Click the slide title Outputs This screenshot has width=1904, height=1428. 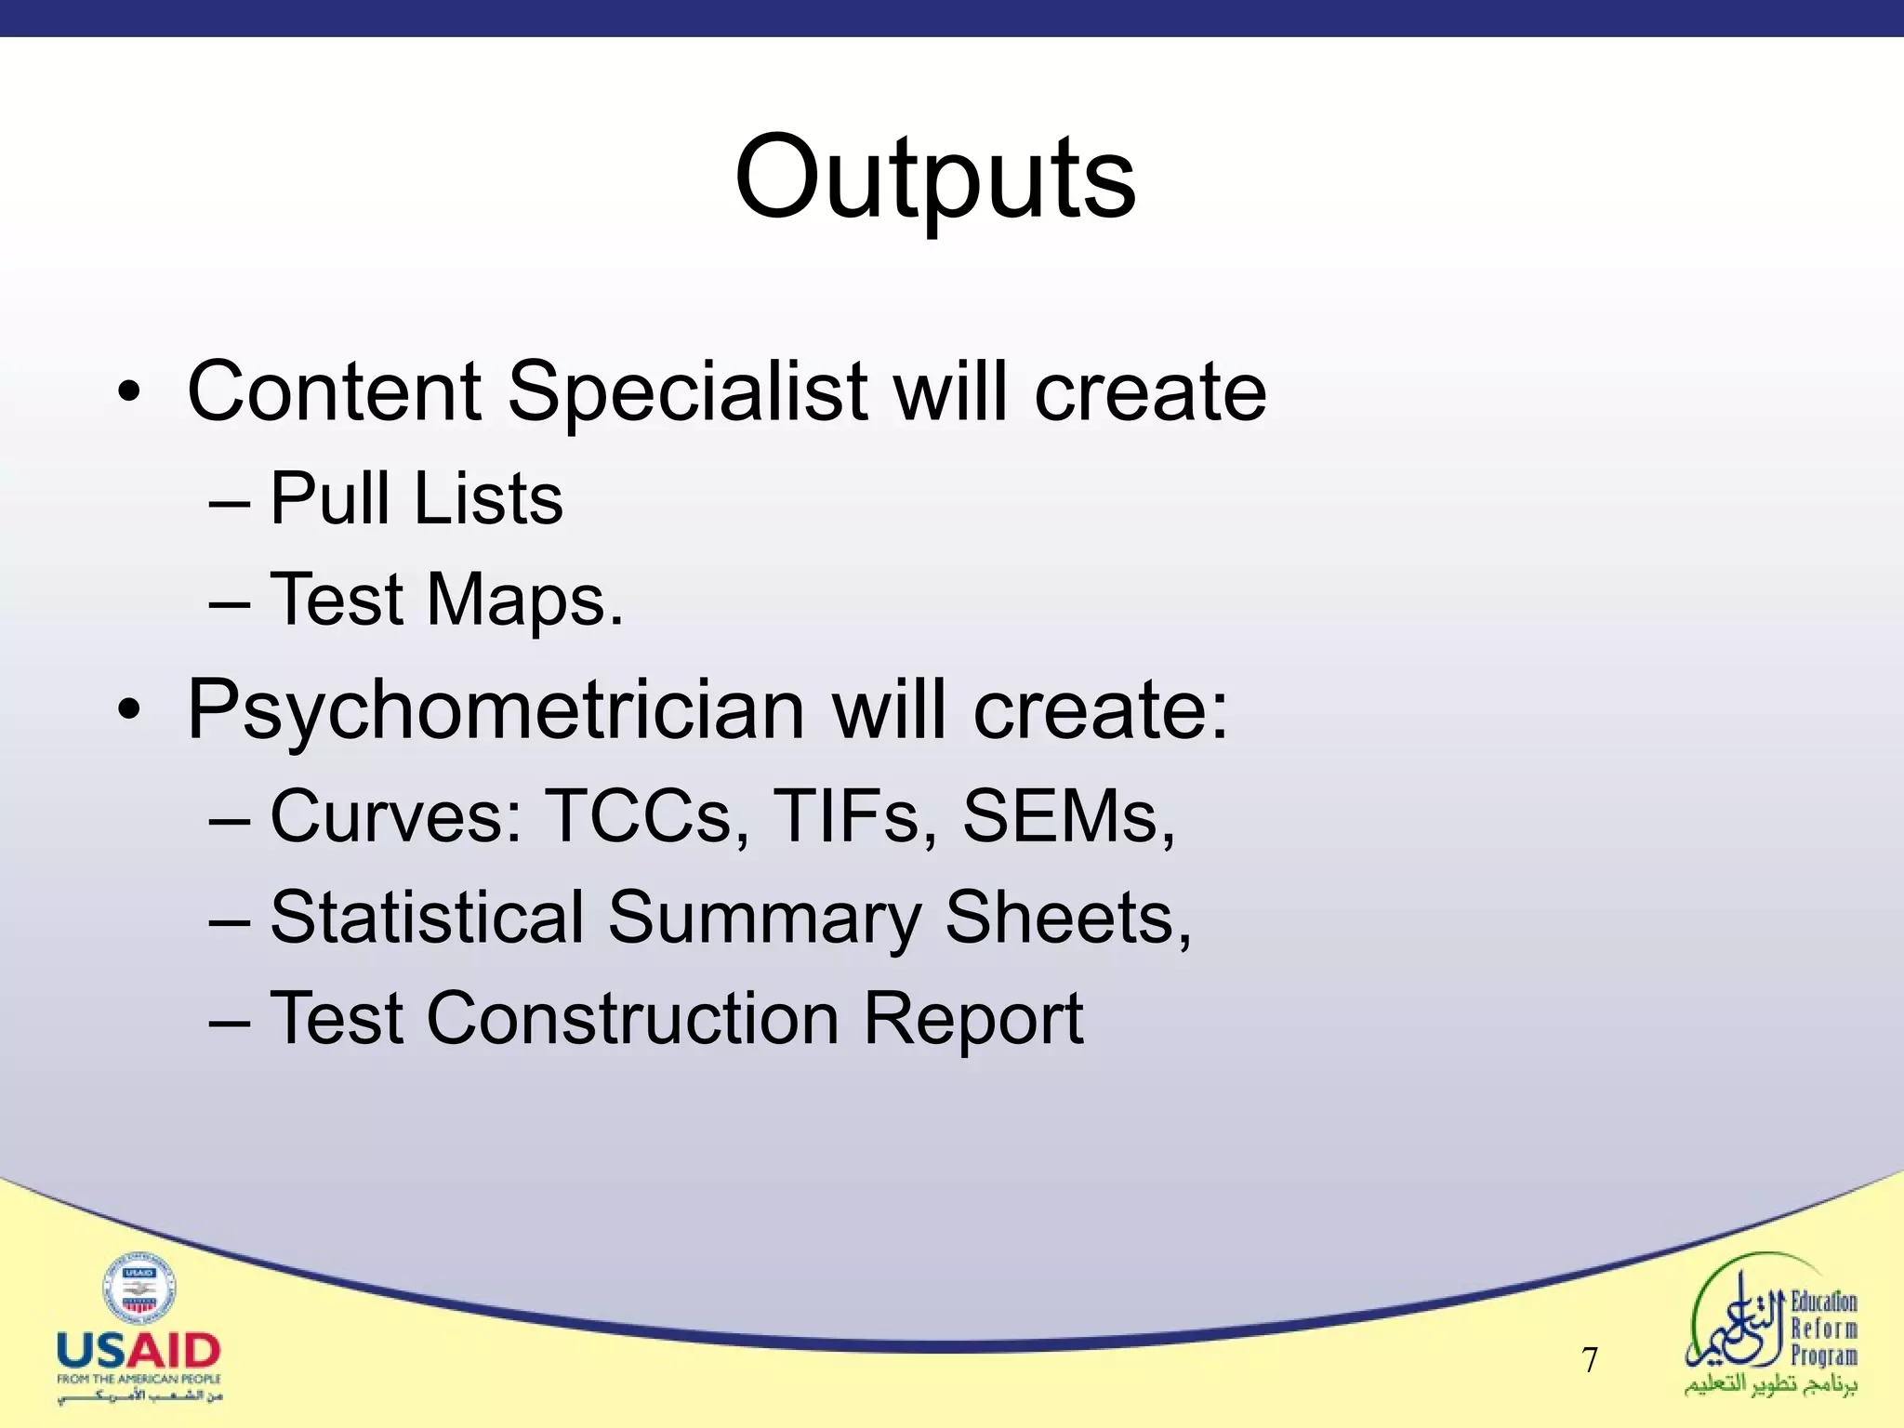[934, 177]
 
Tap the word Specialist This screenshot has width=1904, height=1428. [688, 391]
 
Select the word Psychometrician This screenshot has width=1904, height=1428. [496, 711]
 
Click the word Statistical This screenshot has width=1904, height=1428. [427, 918]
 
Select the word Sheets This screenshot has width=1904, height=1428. [1065, 918]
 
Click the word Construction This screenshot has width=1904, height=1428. [632, 1019]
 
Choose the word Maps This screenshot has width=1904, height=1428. [524, 601]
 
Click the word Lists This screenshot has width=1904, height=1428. [488, 499]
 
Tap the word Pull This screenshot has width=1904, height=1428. [329, 499]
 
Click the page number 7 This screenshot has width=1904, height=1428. [1590, 1360]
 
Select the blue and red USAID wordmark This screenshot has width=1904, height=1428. [139, 1351]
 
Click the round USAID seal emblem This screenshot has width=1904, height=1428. [139, 1288]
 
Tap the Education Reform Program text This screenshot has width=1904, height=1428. [1823, 1329]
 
